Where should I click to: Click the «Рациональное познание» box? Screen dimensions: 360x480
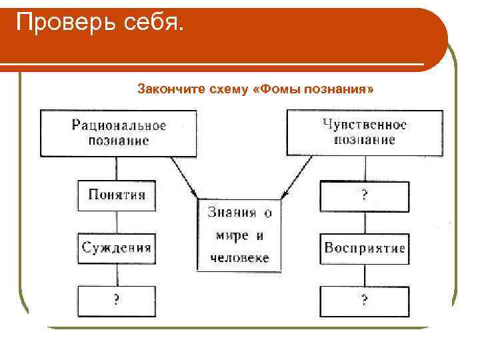coord(119,133)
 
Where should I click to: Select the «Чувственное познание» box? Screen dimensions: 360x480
coord(364,132)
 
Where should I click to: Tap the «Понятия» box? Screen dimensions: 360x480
coord(117,195)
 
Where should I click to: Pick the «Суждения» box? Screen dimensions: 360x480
coord(117,248)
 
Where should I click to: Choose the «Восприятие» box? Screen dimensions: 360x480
coord(364,248)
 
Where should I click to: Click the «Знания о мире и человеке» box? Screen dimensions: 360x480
coord(239,235)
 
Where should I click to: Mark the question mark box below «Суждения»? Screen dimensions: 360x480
coord(117,301)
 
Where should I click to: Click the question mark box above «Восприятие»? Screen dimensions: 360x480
coord(364,195)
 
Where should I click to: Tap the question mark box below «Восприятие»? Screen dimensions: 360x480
coord(364,301)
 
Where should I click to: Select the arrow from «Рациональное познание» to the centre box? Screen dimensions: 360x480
coord(185,177)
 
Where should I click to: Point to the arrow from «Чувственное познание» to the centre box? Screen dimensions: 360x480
coord(294,177)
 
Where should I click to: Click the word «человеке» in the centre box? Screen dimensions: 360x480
coord(239,257)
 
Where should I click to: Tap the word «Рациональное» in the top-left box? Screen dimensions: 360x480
coord(119,125)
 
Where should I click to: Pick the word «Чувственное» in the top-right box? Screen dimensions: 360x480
coord(364,124)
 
